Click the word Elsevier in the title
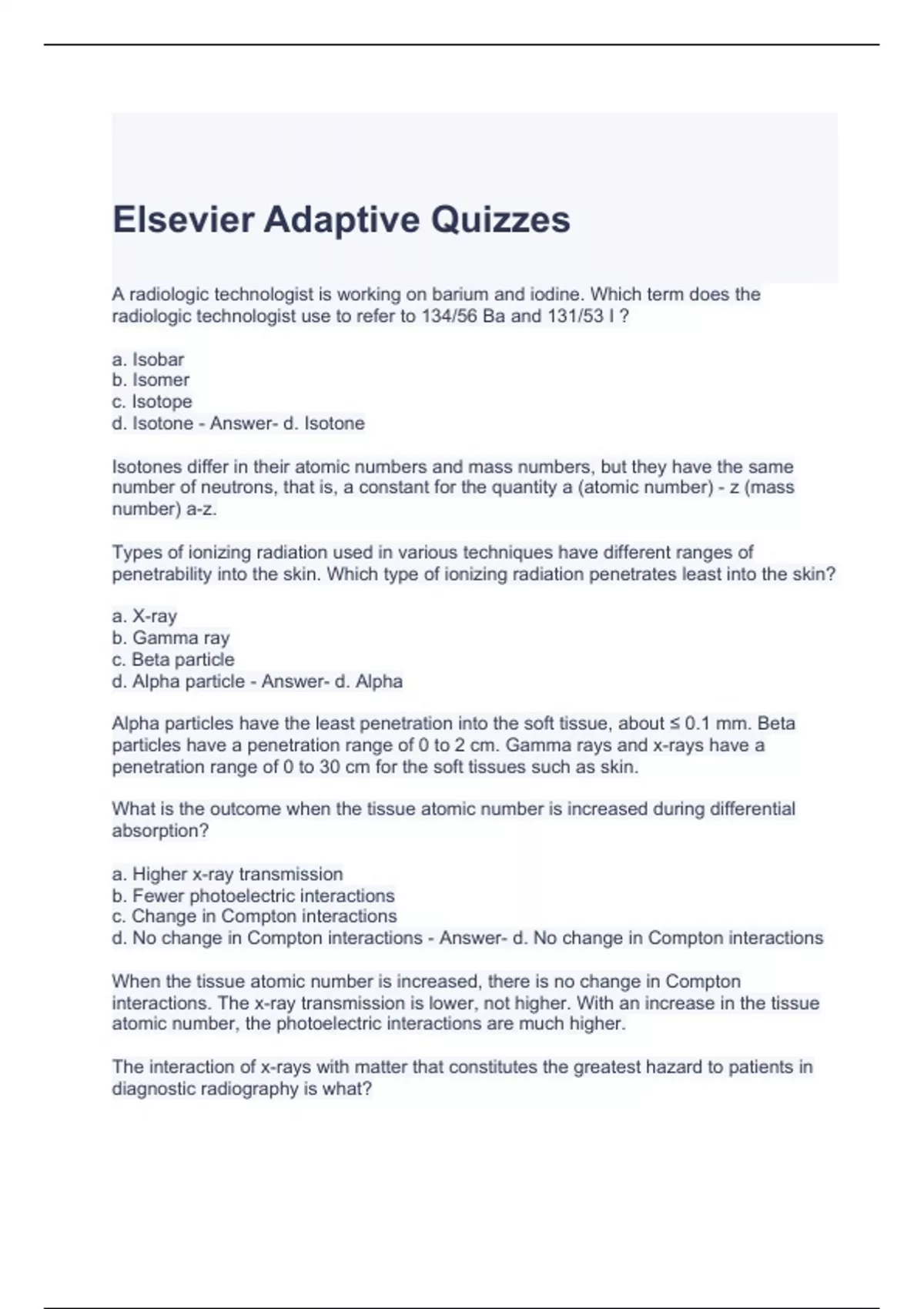[183, 219]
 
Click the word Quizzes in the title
[500, 219]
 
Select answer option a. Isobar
[148, 360]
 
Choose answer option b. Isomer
[150, 380]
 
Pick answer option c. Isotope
[152, 402]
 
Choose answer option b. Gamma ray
[170, 638]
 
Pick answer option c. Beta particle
[172, 660]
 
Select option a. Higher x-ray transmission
[227, 875]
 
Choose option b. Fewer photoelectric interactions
[253, 896]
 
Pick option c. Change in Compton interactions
[254, 917]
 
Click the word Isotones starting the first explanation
[147, 467]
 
